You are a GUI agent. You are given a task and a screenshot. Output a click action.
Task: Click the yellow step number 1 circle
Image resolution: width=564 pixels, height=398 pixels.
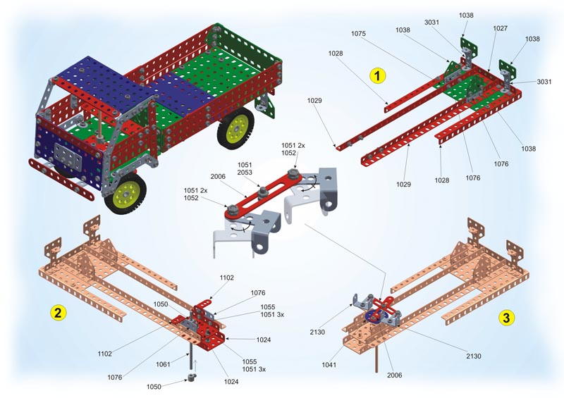tap(377, 76)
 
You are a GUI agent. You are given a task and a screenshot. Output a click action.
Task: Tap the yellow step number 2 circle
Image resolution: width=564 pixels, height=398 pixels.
tap(58, 313)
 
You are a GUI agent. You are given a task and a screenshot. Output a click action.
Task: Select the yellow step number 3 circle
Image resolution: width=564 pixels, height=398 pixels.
tap(506, 318)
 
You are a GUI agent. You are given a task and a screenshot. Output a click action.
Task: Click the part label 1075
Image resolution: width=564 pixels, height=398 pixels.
tap(358, 33)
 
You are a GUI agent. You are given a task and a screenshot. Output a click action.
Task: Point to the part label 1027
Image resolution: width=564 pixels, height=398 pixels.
tap(500, 28)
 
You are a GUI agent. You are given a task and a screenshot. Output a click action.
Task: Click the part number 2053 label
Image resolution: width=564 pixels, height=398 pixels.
tap(245, 172)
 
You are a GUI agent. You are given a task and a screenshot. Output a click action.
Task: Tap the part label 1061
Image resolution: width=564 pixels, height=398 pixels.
tap(163, 364)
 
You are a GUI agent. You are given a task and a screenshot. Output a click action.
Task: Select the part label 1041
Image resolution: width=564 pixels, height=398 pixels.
tap(329, 365)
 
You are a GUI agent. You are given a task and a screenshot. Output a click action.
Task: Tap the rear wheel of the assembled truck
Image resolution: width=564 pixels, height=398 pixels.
tap(235, 128)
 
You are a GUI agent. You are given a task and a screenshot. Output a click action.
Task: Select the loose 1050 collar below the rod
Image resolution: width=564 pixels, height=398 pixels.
tap(191, 378)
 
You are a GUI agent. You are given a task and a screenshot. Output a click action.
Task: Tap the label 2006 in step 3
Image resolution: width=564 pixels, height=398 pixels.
tap(394, 375)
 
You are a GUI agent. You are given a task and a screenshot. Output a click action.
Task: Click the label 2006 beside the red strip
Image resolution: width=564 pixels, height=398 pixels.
tap(218, 176)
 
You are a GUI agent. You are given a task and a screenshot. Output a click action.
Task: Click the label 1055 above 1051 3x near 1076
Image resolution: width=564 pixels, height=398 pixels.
tap(268, 306)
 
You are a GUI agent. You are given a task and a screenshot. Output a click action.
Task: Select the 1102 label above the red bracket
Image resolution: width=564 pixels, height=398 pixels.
tap(226, 278)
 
